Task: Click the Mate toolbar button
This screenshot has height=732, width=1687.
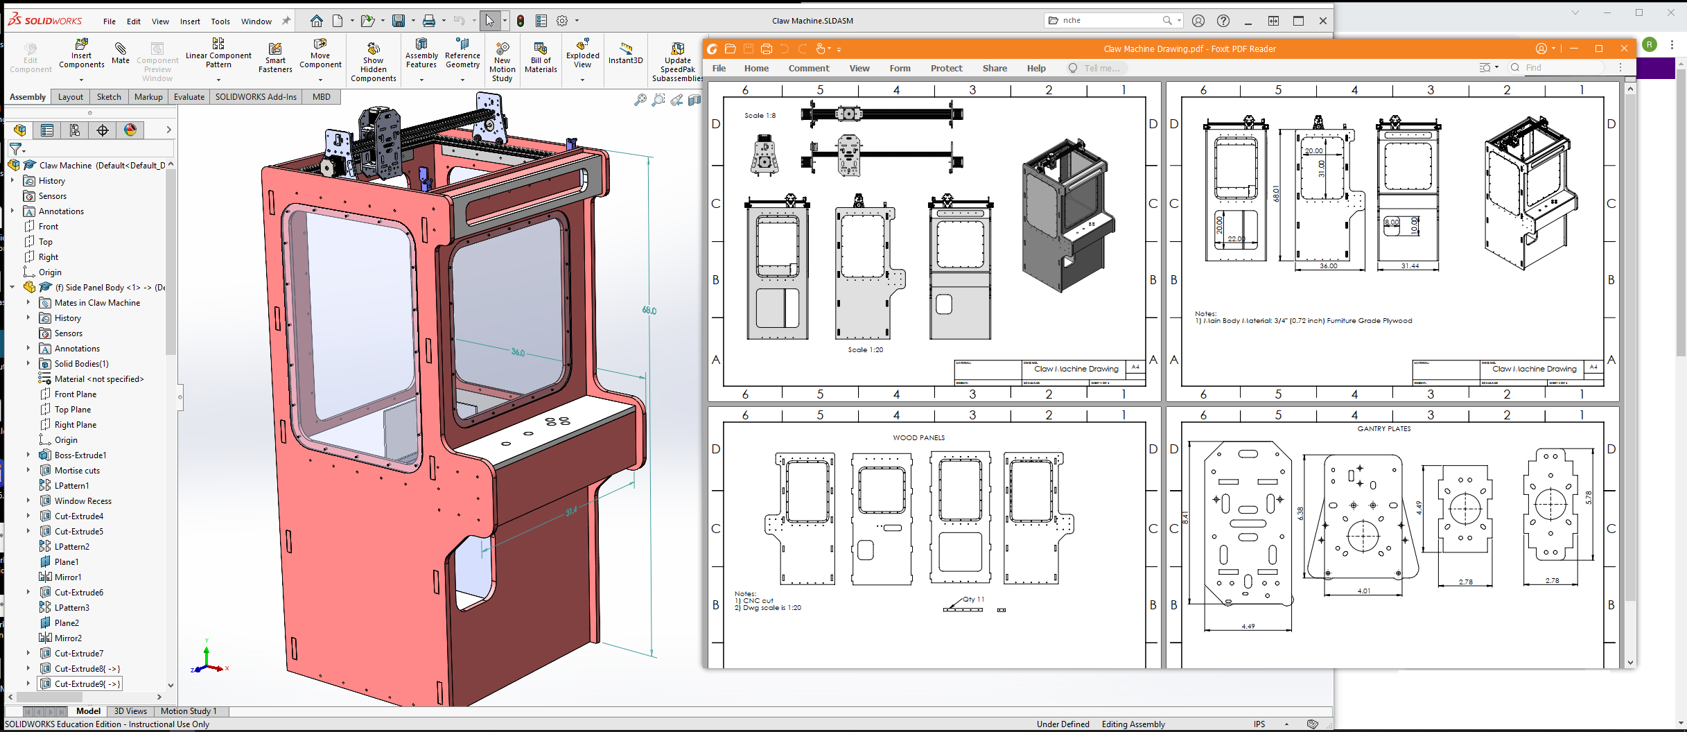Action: [121, 53]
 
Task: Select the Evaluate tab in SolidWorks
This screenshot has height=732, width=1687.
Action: [189, 97]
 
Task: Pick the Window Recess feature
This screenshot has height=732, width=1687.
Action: [82, 501]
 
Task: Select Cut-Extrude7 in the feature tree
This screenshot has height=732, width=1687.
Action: [78, 654]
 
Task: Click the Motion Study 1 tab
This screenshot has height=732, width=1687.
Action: [189, 711]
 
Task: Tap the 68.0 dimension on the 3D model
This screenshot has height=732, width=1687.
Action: [649, 311]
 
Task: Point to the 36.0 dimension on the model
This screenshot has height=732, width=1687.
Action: [518, 352]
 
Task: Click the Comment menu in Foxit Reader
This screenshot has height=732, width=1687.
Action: [808, 69]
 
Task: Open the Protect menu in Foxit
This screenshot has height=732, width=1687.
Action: [946, 69]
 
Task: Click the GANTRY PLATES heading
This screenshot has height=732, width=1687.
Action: [1383, 429]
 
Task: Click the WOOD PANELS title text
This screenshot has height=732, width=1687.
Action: [918, 438]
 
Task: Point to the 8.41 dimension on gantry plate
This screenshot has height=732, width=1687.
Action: [1185, 518]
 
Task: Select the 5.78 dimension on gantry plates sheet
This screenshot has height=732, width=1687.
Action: [1589, 497]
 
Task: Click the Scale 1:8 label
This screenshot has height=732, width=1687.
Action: [760, 116]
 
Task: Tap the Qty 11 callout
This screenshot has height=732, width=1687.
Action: [973, 600]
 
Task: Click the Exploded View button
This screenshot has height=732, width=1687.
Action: [582, 55]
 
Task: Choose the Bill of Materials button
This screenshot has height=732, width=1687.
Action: [541, 55]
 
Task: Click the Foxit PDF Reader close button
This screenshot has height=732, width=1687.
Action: [1624, 49]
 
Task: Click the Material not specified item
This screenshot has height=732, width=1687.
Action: [98, 379]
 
